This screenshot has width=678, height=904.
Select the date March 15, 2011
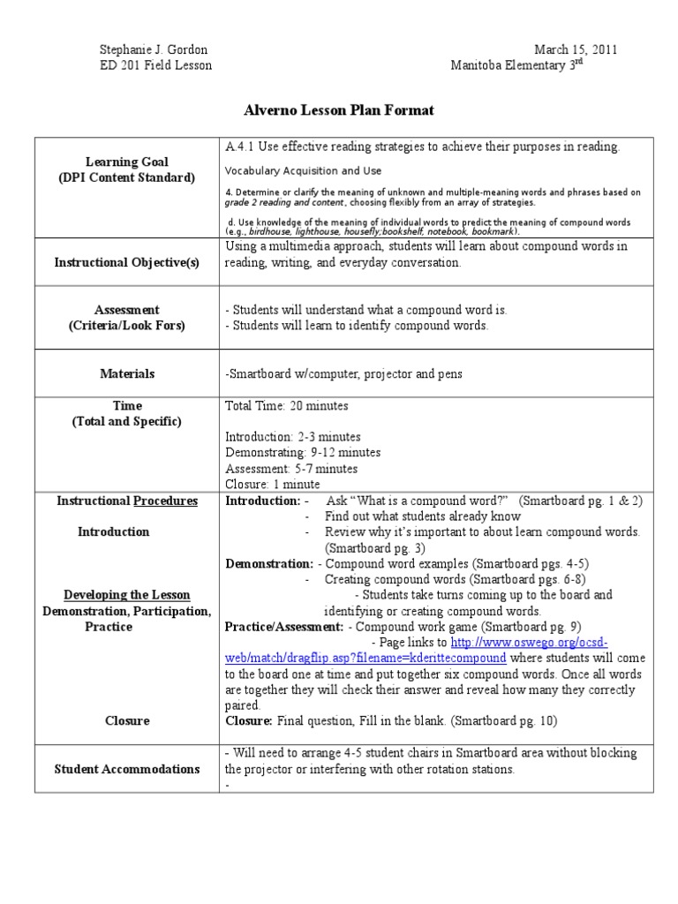coord(576,50)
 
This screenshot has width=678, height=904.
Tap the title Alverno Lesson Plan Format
coord(339,110)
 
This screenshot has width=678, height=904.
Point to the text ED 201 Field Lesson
coord(155,66)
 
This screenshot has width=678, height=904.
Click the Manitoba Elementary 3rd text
coord(516,66)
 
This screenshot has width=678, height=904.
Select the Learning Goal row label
coord(126,162)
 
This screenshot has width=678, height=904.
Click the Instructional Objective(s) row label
coord(126,263)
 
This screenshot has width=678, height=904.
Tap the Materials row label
coord(126,374)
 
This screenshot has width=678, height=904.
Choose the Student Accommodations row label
coord(126,769)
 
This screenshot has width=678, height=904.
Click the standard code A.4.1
coord(240,147)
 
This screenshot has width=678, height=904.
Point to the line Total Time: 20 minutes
coord(286,406)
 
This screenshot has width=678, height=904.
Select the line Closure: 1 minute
coord(273,485)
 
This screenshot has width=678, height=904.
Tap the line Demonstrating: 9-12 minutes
coord(303,453)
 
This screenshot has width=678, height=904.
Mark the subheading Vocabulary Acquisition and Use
coord(303,171)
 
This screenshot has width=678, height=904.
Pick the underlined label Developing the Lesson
coord(126,595)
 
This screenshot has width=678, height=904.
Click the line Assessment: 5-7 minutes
coord(291,469)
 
